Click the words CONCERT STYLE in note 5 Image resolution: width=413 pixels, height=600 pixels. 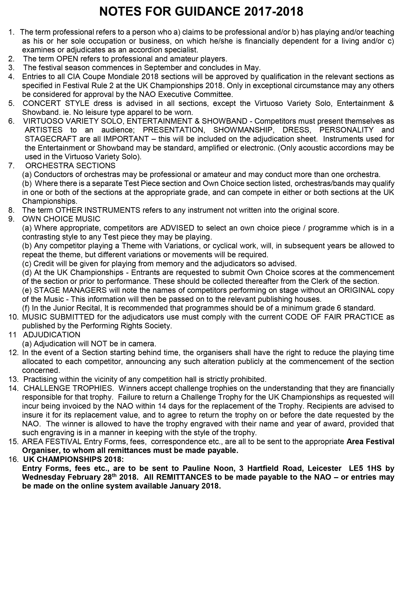[x=56, y=103]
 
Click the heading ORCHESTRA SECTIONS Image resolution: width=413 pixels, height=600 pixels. [x=70, y=165]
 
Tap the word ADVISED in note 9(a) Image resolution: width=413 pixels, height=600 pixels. [x=177, y=228]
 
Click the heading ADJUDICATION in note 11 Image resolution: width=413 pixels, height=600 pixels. [x=52, y=335]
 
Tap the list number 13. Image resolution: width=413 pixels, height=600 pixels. [x=13, y=379]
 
